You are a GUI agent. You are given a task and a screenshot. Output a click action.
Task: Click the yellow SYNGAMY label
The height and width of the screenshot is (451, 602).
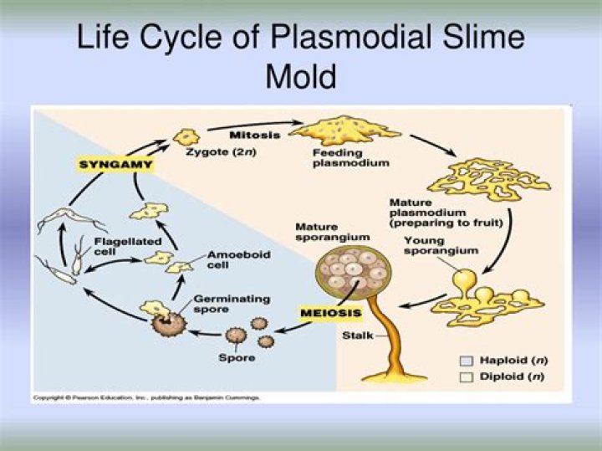115,165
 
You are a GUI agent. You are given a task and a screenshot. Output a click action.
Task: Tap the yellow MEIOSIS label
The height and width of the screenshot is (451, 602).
330,314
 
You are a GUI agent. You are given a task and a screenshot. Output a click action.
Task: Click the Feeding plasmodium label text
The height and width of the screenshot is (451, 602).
339,158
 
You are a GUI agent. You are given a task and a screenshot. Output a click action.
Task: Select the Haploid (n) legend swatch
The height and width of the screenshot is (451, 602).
466,361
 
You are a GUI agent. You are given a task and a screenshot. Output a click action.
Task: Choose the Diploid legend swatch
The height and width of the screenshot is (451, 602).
466,377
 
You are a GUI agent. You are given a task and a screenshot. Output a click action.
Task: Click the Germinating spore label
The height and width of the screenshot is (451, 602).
220,303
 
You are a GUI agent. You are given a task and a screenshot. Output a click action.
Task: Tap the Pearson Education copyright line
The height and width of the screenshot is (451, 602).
146,397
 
